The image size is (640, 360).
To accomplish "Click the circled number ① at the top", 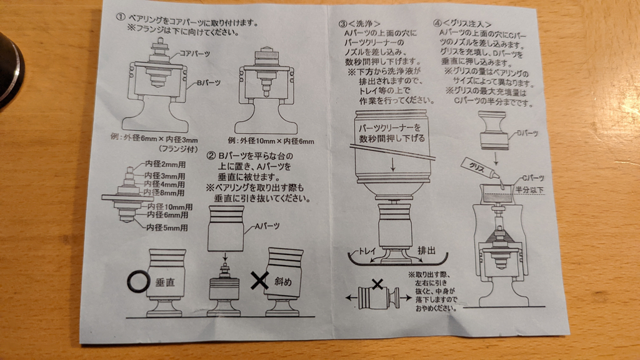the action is coord(120,17).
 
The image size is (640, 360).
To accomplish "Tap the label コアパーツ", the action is coord(195,54).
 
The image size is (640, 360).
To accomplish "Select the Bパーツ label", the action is coord(209,83).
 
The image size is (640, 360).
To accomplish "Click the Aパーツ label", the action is coord(267,226).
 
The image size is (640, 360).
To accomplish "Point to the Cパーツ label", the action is coord(533,178).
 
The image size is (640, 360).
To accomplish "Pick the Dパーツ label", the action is coord(527,134).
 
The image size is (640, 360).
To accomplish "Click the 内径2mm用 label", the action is coord(165,164).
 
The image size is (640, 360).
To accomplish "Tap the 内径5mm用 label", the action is coord(167,227).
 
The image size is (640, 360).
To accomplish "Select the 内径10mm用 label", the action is coord(170,207).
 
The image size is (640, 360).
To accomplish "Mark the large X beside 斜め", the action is coord(259,281).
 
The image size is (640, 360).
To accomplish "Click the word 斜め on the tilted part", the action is coord(282,281).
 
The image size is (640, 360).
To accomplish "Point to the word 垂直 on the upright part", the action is coord(165,282).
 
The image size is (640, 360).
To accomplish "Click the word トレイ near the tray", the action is coord(367,251).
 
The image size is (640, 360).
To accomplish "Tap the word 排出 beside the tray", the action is coord(426,251).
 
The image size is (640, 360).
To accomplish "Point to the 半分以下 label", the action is coord(529,190).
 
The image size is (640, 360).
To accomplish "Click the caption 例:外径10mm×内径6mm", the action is coord(271,141).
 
